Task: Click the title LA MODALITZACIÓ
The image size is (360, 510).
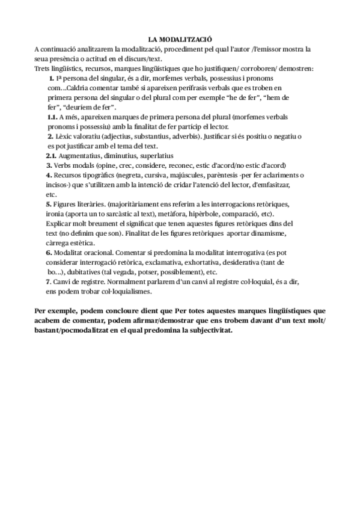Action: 180,38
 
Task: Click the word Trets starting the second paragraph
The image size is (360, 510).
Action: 43,69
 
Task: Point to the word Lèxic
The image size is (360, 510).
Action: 67,137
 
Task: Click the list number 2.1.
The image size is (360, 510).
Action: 50,155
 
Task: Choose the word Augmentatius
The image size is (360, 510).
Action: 80,155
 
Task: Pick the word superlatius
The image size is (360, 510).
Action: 157,155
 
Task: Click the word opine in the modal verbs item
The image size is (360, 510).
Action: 114,165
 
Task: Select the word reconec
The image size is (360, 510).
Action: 194,165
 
